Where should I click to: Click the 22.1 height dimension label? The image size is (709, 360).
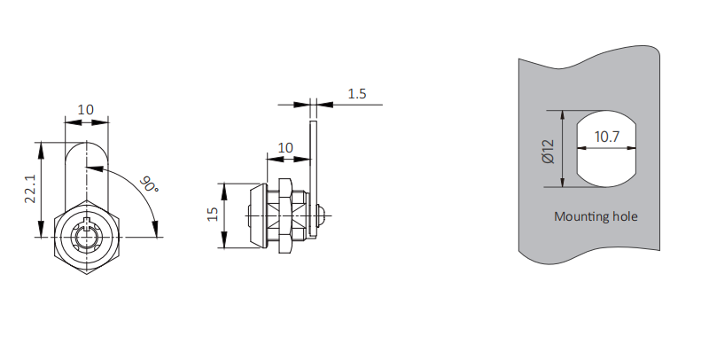(x=30, y=190)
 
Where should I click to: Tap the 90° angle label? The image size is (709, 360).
(x=149, y=184)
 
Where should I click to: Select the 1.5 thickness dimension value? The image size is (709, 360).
(x=357, y=94)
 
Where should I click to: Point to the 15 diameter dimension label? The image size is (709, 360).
(x=214, y=214)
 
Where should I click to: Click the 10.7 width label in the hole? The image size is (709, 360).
(x=607, y=137)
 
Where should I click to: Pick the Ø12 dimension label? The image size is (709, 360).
(x=548, y=151)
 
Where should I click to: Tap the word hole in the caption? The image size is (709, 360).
(x=625, y=216)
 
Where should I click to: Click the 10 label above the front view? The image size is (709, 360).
(x=85, y=110)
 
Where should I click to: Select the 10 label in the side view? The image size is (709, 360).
(x=285, y=148)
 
